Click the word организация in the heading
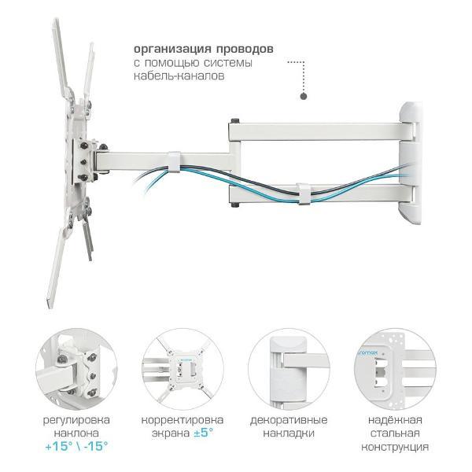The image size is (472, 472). coord(171,49)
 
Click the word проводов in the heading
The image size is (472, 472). coord(245,49)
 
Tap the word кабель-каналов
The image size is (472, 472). coord(179,76)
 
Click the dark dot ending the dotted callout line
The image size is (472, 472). coord(304,96)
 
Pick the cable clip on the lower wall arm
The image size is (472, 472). coord(304,194)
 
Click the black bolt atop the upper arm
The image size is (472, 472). coord(235,120)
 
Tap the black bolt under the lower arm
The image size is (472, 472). coord(235,205)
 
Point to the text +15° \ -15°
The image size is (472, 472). coord(76,446)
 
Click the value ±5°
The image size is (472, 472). coord(204,433)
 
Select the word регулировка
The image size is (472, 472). coord(76,421)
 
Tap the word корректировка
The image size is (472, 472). coord(183,420)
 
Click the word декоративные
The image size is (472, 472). coord(289,420)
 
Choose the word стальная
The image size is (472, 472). coord(395,433)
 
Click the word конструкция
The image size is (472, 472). coord(395,447)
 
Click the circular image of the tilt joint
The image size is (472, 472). coord(76,369)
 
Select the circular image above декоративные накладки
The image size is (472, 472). coord(289,369)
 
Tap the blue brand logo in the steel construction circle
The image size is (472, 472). coord(368,352)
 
